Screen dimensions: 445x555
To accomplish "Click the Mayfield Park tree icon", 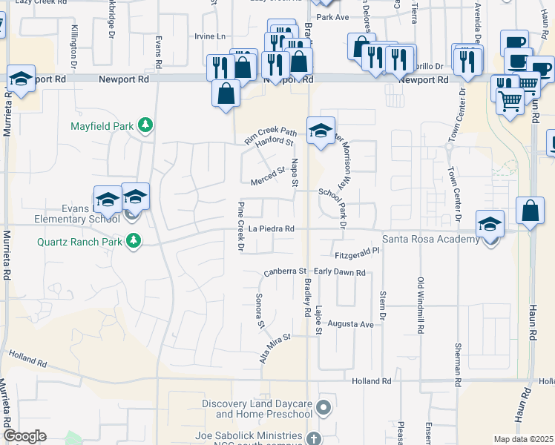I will (146, 125).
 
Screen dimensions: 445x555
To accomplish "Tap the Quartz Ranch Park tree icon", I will (134, 241).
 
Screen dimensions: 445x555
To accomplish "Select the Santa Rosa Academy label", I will (430, 239).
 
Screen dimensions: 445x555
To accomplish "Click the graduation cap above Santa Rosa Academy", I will (490, 223).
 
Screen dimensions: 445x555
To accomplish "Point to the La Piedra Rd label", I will (272, 229).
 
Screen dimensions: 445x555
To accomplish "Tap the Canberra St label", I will (286, 273).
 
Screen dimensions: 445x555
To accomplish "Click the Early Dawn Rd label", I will (340, 273).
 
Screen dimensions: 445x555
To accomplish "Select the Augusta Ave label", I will (351, 325).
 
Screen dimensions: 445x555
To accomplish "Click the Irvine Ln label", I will (209, 36).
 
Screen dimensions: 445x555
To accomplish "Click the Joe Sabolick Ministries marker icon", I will (315, 437).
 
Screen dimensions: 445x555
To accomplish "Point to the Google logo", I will (24, 436).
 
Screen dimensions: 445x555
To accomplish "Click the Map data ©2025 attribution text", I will (524, 439).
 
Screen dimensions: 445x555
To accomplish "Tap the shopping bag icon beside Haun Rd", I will (531, 211).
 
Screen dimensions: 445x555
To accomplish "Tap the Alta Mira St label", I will (275, 346).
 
